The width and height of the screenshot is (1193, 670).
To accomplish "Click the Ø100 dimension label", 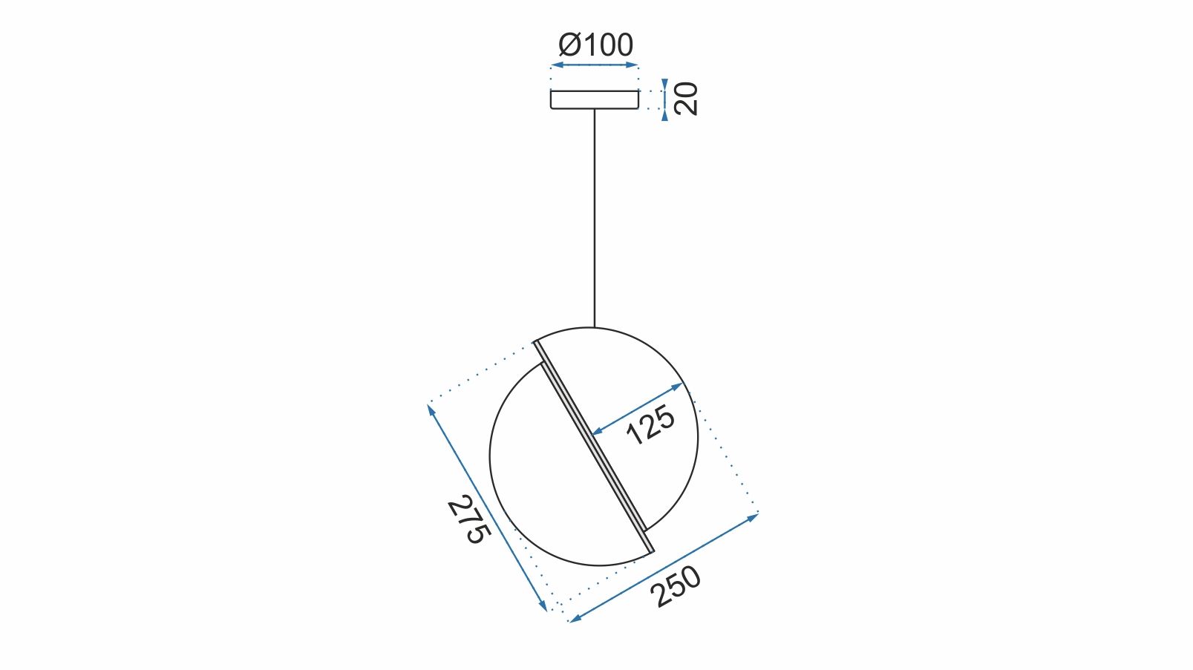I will pyautogui.click(x=596, y=45).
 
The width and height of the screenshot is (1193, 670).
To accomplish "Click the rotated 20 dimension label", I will pyautogui.click(x=686, y=99).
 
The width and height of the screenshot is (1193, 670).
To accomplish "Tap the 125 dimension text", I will pyautogui.click(x=650, y=424).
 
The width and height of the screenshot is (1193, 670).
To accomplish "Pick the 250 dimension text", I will pyautogui.click(x=675, y=586).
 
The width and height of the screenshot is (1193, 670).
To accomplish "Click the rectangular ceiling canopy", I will pyautogui.click(x=594, y=99).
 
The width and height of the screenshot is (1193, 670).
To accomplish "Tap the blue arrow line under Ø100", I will pyautogui.click(x=594, y=65).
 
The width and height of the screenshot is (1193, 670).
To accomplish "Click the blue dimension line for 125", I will pyautogui.click(x=636, y=409).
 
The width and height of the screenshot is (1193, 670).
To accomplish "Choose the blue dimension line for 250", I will pyautogui.click(x=663, y=567).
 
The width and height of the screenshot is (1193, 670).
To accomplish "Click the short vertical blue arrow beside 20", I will pyautogui.click(x=664, y=99).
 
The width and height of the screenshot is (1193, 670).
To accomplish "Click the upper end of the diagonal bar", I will pyautogui.click(x=537, y=344).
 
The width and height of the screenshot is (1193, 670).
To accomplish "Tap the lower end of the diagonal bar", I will pyautogui.click(x=651, y=550).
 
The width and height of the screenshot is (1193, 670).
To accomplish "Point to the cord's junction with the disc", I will pyautogui.click(x=594, y=327).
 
